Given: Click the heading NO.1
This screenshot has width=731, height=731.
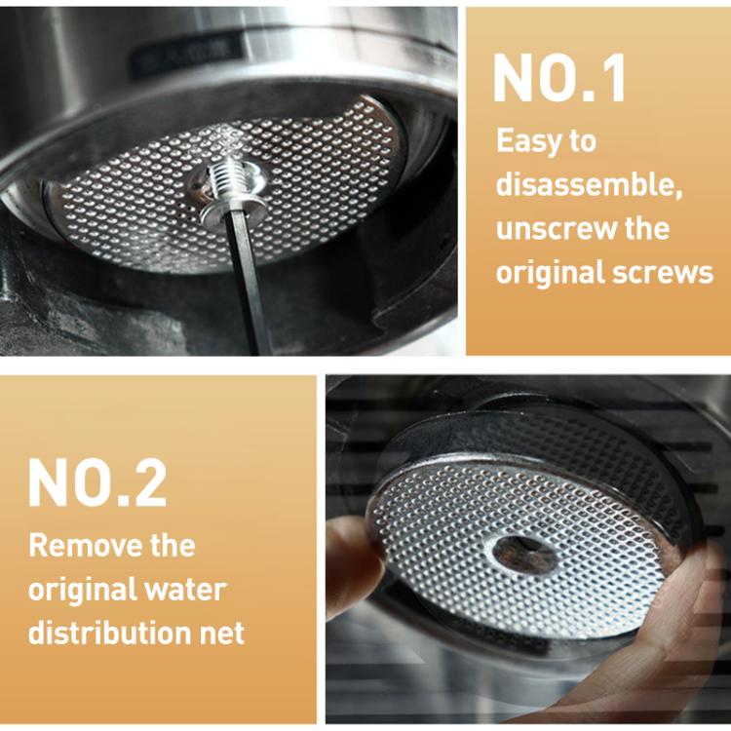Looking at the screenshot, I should tap(559, 78).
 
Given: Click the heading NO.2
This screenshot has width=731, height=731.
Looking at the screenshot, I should tap(97, 481).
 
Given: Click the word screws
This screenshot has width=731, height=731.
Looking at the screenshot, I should tap(667, 272).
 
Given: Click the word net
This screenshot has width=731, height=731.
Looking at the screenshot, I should tap(220, 634).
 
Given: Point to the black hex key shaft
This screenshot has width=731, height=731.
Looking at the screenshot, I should tap(244, 283).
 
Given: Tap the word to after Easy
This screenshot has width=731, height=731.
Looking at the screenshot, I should tap(583, 141).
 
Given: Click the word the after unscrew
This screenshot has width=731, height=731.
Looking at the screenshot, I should tap(643, 229).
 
